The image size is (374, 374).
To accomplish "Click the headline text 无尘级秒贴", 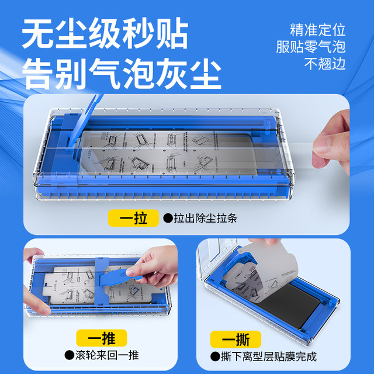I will [x=106, y=35].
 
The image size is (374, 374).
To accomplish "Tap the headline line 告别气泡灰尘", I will [x=122, y=74].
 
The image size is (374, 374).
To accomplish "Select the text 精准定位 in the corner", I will [x=318, y=30].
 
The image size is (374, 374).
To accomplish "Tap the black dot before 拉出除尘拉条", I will [x=168, y=219].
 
